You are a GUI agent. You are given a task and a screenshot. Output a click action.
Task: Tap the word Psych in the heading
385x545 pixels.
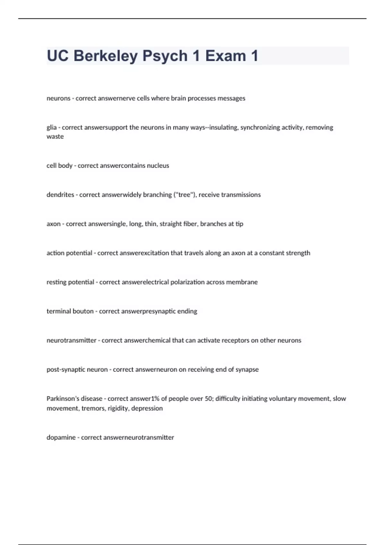[165, 56]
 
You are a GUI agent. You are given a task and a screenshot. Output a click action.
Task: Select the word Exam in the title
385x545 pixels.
[226, 56]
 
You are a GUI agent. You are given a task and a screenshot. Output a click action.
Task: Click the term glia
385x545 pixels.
[51, 128]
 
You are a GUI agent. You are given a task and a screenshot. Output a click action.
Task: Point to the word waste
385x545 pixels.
[55, 137]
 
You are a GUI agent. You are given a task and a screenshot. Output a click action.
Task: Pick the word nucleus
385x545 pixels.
[158, 166]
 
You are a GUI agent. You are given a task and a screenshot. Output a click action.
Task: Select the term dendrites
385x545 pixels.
[60, 195]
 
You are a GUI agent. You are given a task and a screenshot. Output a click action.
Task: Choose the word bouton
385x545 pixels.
[83, 311]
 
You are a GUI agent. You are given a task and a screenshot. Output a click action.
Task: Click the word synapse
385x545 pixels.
[247, 370]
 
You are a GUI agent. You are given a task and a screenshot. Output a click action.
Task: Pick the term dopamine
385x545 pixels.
[61, 438]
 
